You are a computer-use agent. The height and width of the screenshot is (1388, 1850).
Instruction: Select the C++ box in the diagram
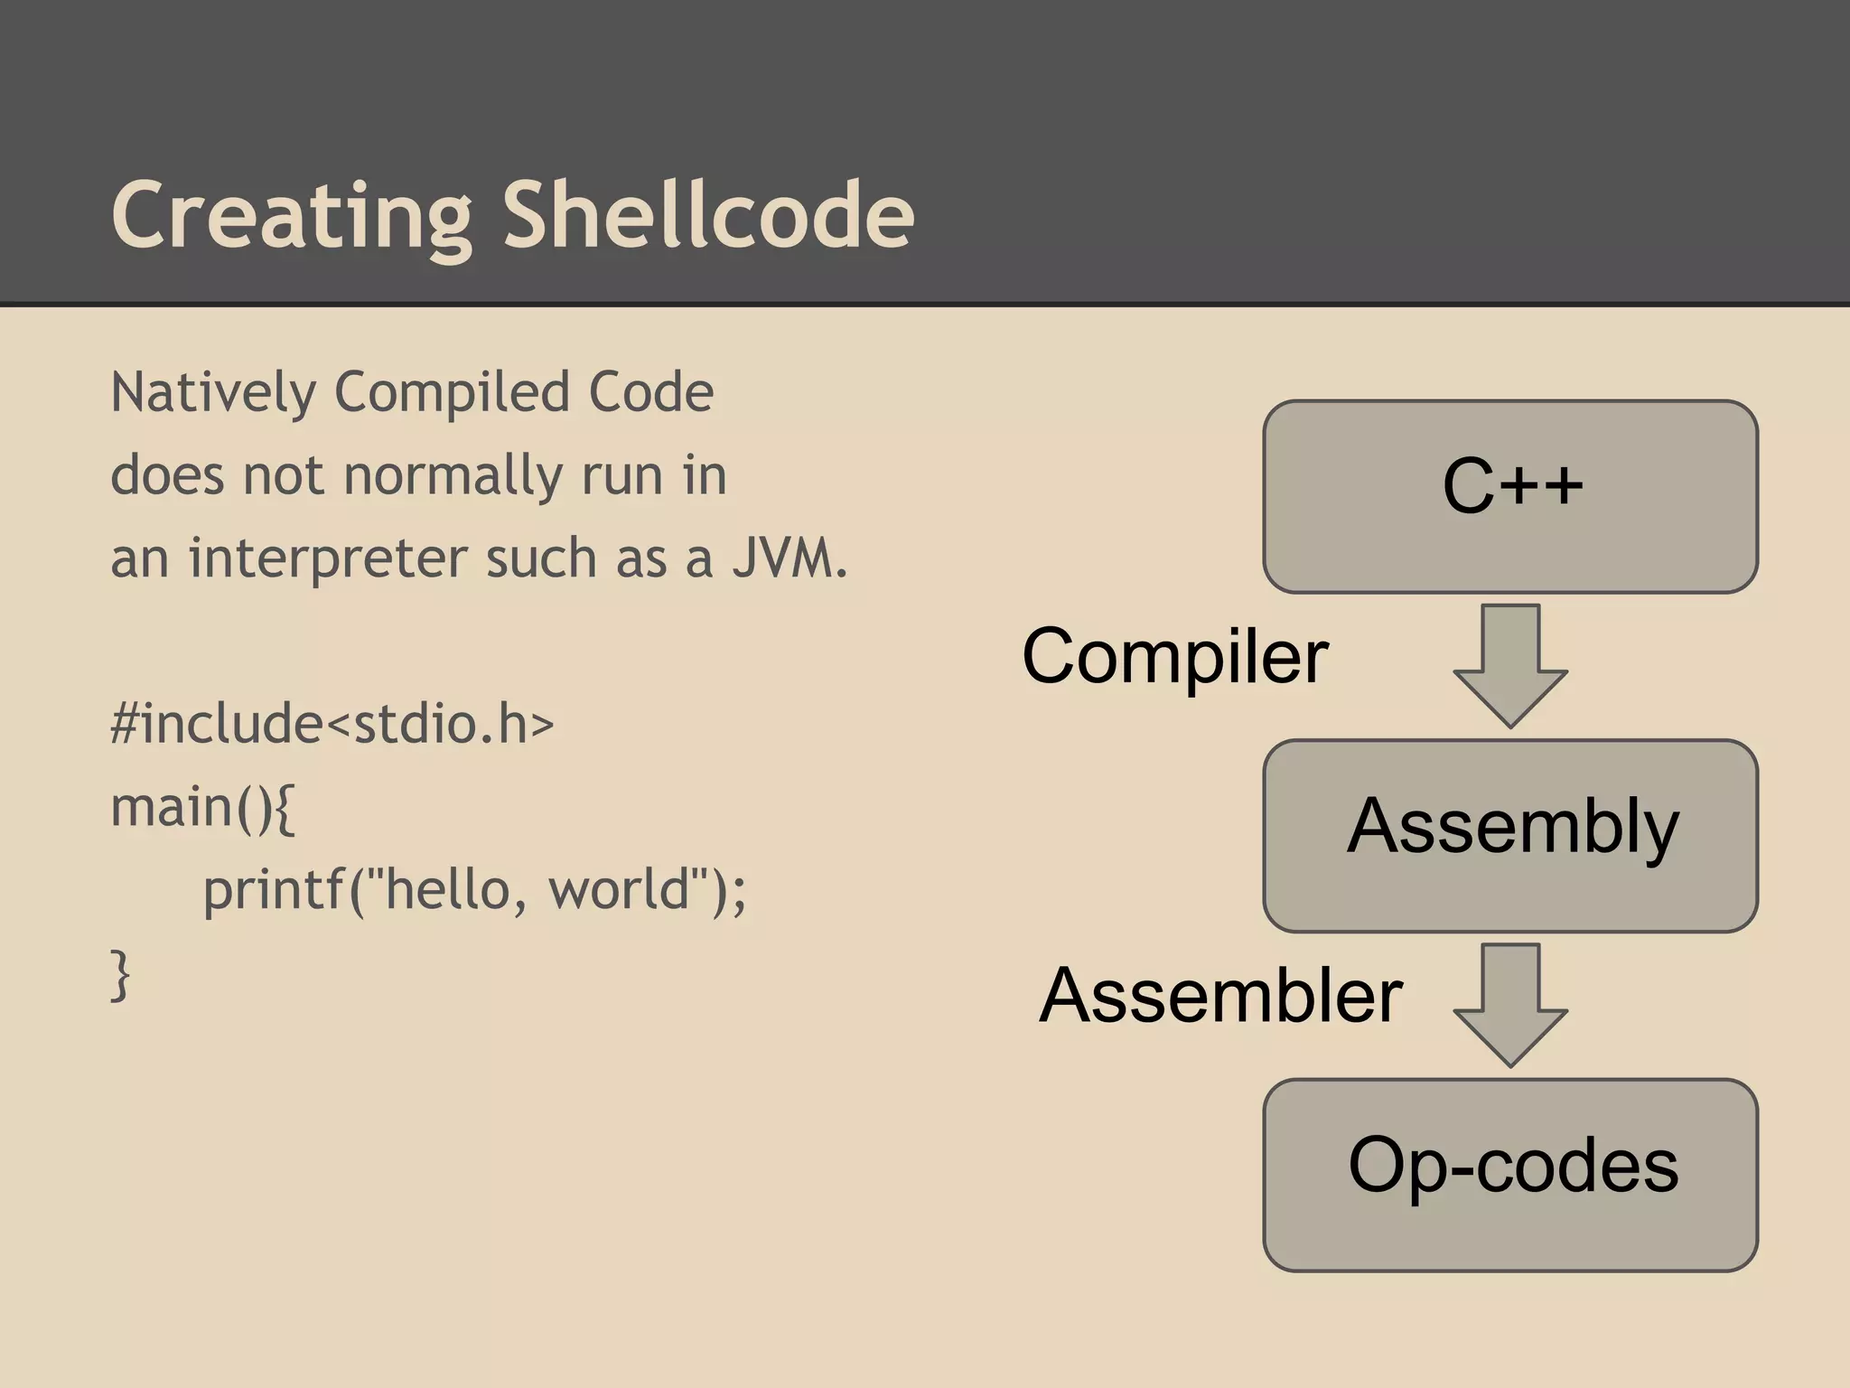(x=1510, y=496)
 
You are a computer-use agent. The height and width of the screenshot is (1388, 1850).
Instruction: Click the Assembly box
(x=1510, y=835)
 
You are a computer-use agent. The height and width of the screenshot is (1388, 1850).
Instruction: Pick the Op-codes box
(x=1510, y=1174)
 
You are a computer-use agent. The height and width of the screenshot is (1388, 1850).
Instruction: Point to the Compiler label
(x=1174, y=657)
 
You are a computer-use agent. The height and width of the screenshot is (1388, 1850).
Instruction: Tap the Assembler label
(x=1220, y=995)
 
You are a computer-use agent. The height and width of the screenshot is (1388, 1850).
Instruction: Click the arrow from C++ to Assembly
(x=1510, y=666)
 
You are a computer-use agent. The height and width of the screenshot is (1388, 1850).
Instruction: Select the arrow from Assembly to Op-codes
(x=1510, y=1005)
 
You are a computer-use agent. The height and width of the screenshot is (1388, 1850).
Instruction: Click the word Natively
(x=213, y=393)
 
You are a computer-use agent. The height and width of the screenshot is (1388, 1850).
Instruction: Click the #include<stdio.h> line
(x=332, y=724)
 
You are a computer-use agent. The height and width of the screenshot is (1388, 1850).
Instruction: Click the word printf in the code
(x=274, y=890)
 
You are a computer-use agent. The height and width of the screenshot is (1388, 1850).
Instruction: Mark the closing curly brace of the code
(x=120, y=974)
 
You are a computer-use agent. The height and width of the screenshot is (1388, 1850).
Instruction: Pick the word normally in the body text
(x=452, y=476)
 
